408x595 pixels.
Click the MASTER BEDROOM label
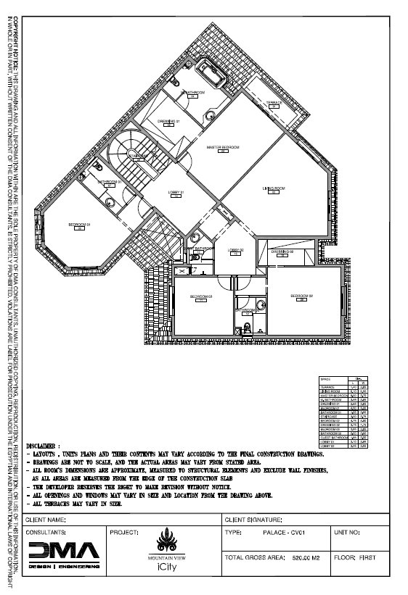[x=224, y=146]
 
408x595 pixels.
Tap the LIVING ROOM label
[x=273, y=188]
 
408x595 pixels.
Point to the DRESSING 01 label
[x=168, y=121]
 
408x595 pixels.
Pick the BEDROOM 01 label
[x=78, y=225]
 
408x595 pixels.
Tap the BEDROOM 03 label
[x=200, y=296]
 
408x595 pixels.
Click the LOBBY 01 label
[x=176, y=192]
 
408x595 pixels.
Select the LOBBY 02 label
[x=234, y=250]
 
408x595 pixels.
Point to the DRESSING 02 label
[x=282, y=251]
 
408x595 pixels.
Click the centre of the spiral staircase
[x=136, y=154]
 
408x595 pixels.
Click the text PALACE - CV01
[x=287, y=533]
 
